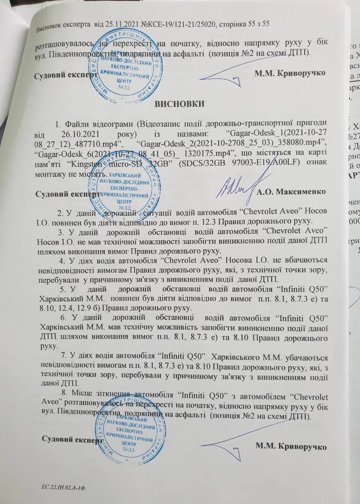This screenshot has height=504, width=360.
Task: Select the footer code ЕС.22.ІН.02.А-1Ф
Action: pos(61,489)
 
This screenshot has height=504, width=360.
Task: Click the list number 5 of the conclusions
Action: pos(62,290)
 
